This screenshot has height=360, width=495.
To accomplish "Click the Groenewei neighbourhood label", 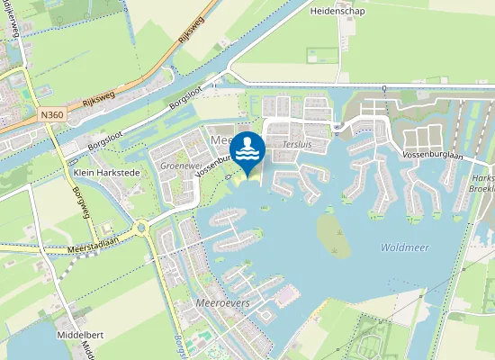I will pyautogui.click(x=177, y=166).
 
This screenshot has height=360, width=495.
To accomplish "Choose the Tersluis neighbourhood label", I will pyautogui.click(x=296, y=144).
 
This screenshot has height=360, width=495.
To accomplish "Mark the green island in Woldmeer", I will pyautogui.click(x=333, y=233).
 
